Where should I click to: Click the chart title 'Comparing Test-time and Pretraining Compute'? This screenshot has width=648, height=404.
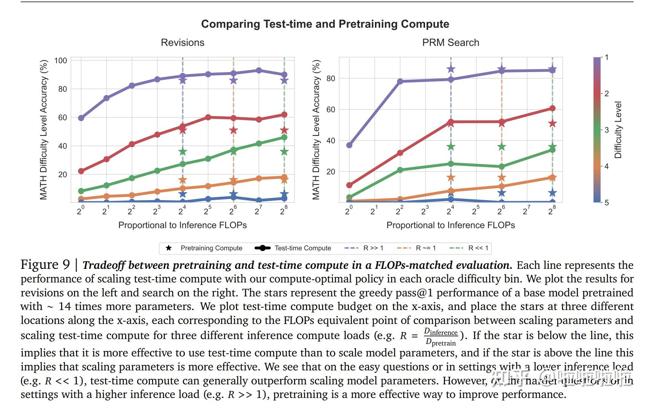[325, 24]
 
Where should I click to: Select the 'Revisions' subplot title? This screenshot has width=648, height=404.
[183, 43]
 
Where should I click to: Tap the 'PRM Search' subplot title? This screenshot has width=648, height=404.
[450, 43]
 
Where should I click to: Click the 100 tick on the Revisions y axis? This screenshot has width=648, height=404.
[61, 60]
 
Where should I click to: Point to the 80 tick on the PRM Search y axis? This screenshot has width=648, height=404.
[331, 79]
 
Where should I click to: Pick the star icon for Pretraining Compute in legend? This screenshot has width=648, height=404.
[169, 248]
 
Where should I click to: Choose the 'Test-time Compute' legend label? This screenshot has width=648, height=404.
[303, 248]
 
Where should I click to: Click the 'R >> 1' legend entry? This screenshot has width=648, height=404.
[373, 248]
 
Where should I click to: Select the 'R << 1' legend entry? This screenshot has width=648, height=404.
[478, 248]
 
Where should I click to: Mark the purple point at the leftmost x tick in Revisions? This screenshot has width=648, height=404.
[81, 118]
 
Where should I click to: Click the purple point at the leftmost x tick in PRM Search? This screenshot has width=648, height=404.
[349, 145]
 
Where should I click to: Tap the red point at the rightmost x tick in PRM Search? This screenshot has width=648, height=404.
[552, 108]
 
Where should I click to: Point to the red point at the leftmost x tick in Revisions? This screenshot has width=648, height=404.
[81, 171]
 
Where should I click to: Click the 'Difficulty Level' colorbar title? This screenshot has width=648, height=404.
[617, 130]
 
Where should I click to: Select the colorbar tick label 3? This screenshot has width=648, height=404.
[607, 130]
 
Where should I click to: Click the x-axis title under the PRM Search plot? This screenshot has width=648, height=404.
[450, 225]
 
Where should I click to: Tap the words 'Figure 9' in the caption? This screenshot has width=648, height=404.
[45, 265]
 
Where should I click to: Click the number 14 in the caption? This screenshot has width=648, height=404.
[64, 306]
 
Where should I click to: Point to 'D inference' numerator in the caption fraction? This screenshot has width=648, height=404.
[441, 332]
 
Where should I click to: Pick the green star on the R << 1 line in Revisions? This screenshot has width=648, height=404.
[284, 152]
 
